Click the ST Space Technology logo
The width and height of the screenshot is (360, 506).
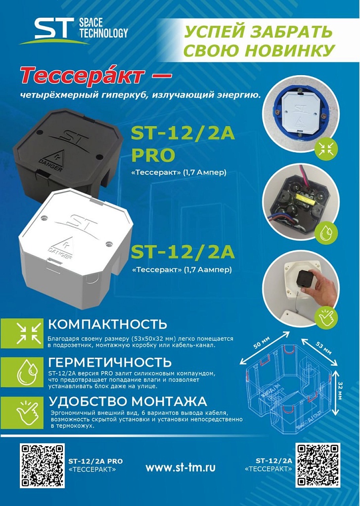[74, 31]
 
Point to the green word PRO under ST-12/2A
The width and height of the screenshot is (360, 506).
[153, 155]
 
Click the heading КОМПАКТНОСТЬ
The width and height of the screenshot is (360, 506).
[107, 324]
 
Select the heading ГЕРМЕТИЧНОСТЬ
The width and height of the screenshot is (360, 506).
[110, 362]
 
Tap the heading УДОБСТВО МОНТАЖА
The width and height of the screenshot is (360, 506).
[128, 401]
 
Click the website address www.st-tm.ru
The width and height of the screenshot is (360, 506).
[180, 467]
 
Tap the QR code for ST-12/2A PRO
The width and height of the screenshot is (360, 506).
[43, 465]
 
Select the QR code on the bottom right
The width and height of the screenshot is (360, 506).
[318, 465]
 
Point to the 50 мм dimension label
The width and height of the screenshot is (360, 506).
[261, 342]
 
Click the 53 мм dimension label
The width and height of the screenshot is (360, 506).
[323, 347]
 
